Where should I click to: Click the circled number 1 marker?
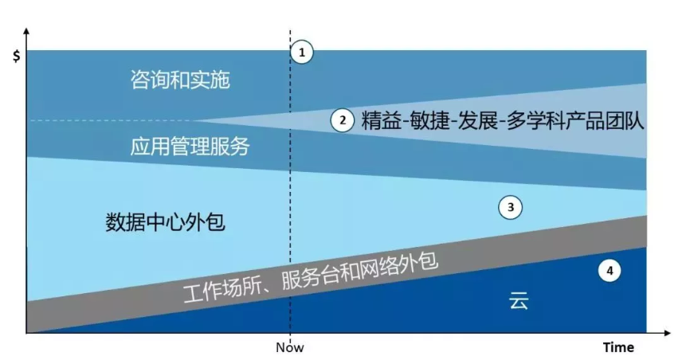[301, 52]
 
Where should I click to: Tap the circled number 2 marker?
[342, 120]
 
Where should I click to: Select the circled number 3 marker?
[510, 207]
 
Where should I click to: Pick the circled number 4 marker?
[610, 271]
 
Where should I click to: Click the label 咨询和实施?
[180, 80]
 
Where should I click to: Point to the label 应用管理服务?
[190, 146]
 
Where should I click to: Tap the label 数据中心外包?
[166, 221]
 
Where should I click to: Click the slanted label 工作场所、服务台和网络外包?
[311, 278]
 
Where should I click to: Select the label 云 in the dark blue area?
[519, 300]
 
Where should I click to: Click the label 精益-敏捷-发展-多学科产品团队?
[503, 121]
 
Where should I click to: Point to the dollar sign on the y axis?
[17, 56]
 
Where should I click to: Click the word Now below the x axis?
[290, 347]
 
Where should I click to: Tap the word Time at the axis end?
[618, 347]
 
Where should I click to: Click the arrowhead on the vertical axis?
[26, 32]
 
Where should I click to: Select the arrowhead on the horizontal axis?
[667, 333]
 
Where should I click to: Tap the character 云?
[519, 300]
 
